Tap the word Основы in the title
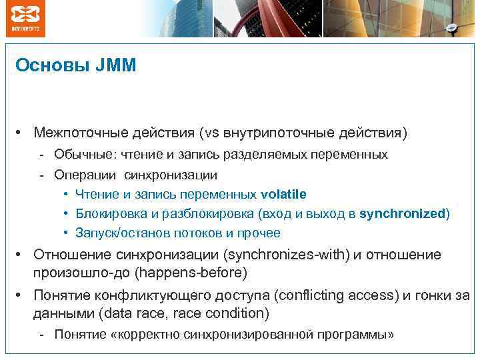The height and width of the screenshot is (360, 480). tap(53, 65)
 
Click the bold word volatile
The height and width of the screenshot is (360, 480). tap(283, 194)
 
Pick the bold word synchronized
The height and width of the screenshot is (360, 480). tap(402, 213)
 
